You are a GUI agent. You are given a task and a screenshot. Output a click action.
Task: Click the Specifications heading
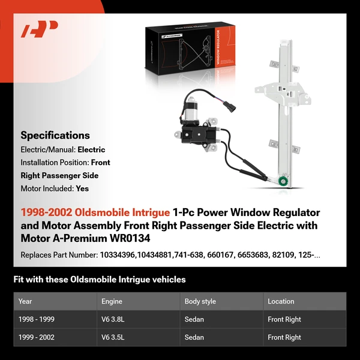point(55,136)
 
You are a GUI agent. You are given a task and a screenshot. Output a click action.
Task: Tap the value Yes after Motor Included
point(82,188)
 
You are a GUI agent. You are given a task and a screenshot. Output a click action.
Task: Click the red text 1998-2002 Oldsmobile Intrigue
point(95,213)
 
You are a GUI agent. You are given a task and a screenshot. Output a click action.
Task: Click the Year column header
point(25,301)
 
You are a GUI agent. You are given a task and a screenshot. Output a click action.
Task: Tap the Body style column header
point(200,301)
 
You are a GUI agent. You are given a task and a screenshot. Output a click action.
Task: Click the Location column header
point(281,301)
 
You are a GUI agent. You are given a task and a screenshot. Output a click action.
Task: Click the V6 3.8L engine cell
point(115,319)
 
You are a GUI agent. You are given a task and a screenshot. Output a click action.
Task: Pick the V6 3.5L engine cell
point(115,337)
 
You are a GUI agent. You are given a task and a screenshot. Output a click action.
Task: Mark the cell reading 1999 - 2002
point(37,337)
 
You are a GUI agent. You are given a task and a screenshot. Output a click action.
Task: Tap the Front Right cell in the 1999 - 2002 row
point(284,337)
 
